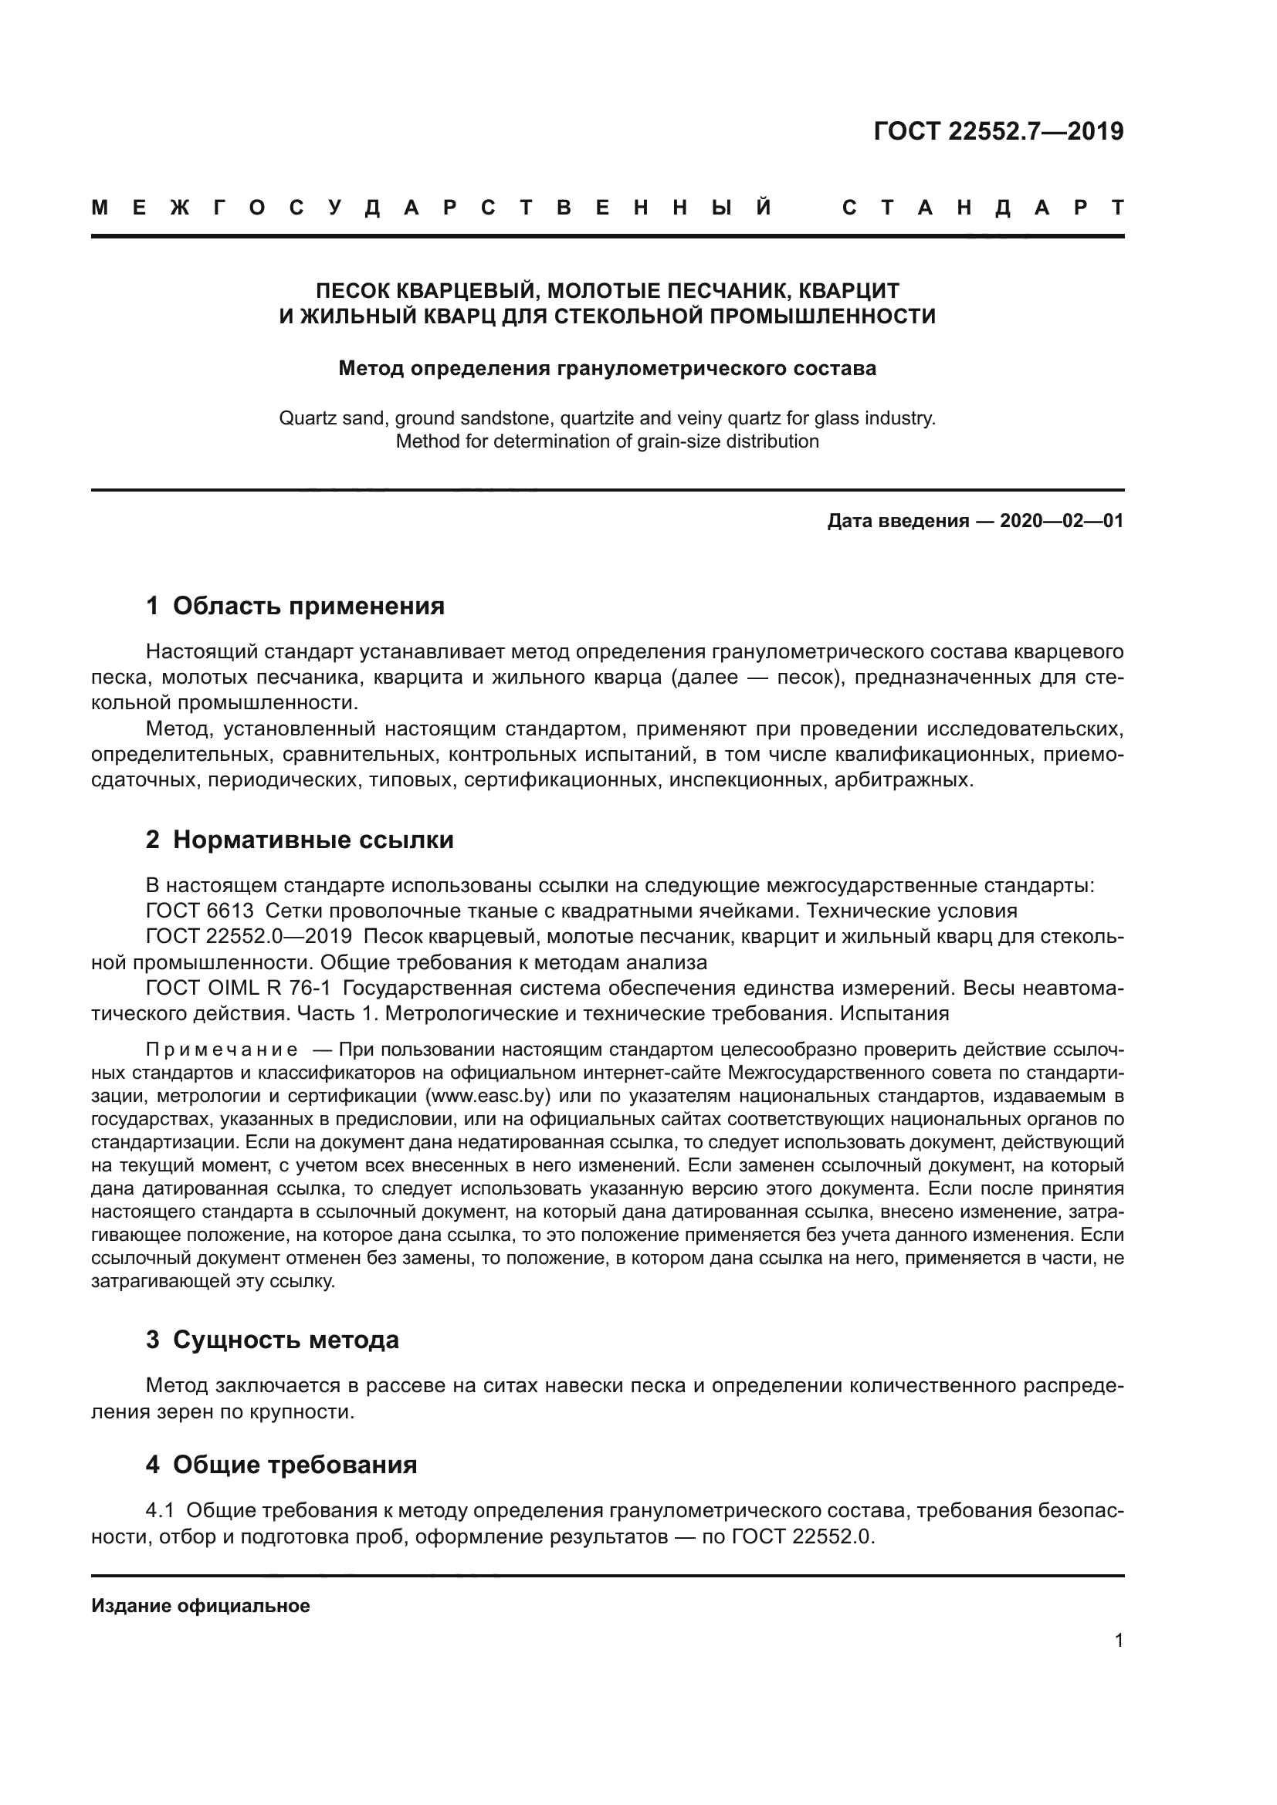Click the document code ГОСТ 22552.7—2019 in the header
point(998,131)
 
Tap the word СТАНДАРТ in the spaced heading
point(982,208)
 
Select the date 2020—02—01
point(1061,520)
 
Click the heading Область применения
point(308,606)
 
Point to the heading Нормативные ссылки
point(313,840)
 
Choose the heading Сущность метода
point(286,1273)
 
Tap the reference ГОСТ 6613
point(200,911)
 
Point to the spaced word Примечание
point(222,1050)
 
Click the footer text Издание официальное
point(201,1606)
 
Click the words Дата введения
point(898,520)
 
